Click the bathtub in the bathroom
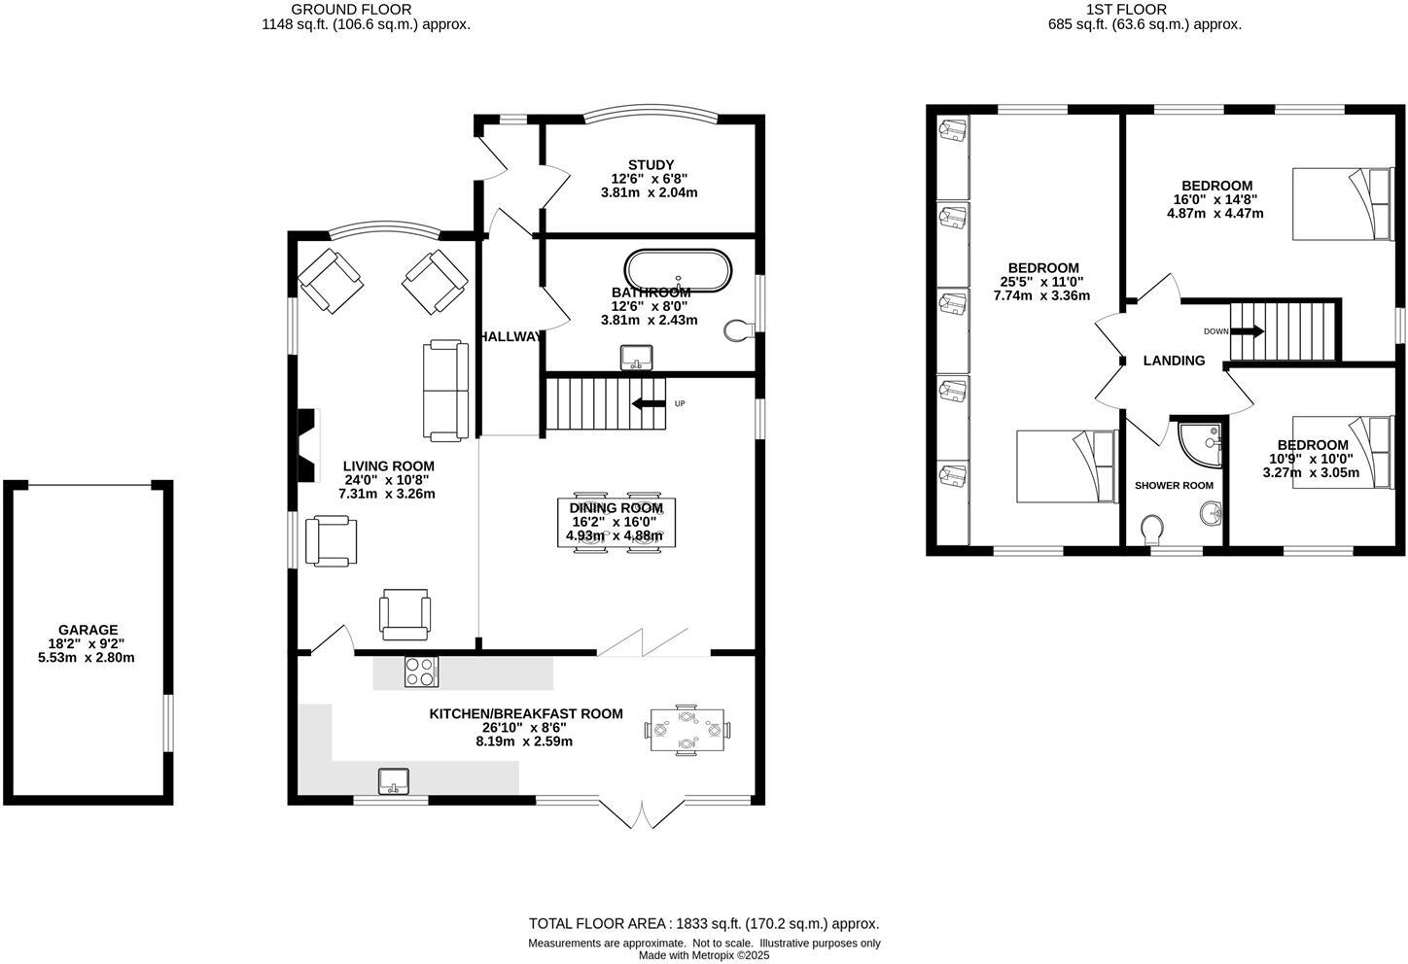[x=678, y=271]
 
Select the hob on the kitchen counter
[x=421, y=672]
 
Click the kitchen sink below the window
[x=394, y=779]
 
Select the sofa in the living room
[x=443, y=391]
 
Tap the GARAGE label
[x=88, y=630]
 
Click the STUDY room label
[x=651, y=165]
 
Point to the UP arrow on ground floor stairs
[x=650, y=403]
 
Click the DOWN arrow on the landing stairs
[x=1248, y=331]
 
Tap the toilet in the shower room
[x=1151, y=531]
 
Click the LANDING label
[x=1174, y=361]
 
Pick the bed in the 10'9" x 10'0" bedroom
[x=1344, y=452]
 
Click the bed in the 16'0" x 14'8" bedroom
[x=1344, y=203]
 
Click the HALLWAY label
[x=510, y=336]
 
